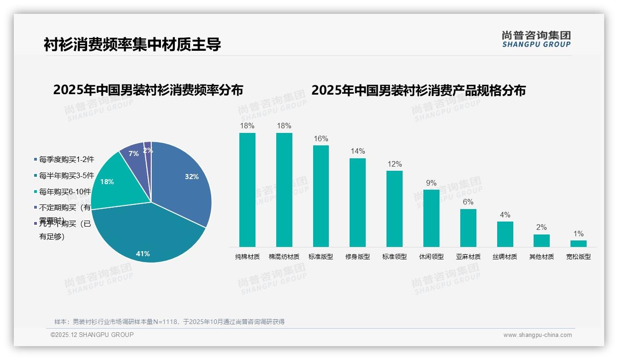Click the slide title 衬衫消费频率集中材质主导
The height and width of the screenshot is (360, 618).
[132, 44]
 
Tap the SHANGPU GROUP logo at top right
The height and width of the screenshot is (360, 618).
[536, 39]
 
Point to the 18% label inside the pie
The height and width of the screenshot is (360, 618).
[107, 182]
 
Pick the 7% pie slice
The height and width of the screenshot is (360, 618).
[134, 153]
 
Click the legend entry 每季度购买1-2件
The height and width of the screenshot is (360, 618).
[66, 159]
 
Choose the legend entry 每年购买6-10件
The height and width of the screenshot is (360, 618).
[66, 192]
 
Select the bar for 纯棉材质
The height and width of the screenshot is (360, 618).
[247, 190]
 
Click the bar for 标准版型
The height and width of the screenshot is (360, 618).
[321, 196]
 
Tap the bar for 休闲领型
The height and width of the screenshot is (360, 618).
[431, 218]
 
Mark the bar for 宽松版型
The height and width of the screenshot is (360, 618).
[578, 243]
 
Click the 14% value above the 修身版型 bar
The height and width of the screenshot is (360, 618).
[357, 151]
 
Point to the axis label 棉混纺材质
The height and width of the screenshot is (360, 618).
[284, 257]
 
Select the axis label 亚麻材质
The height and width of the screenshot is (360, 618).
[468, 257]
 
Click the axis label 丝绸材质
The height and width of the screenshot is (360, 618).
[505, 257]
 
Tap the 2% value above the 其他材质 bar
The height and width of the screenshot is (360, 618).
[541, 227]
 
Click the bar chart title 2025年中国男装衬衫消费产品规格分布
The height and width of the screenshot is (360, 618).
[418, 90]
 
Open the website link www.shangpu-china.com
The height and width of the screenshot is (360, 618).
[537, 335]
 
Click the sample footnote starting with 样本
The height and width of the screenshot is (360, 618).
[169, 322]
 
